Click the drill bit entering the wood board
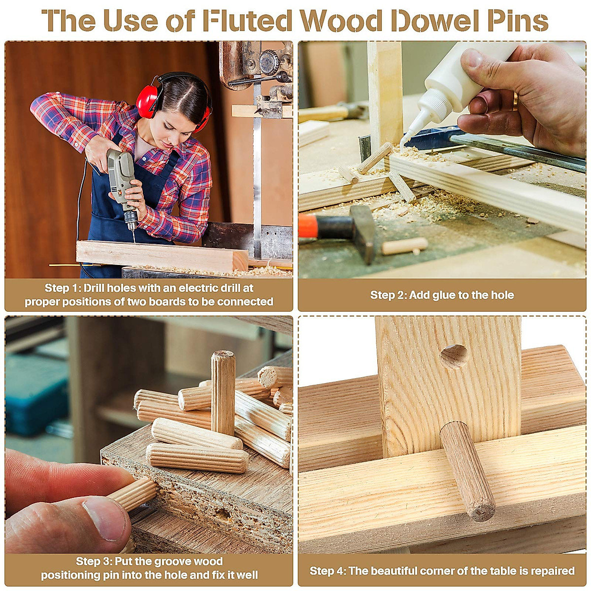[132, 234]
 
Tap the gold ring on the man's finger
[515, 101]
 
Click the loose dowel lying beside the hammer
[405, 245]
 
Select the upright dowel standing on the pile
[223, 392]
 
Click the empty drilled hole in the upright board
[454, 356]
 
